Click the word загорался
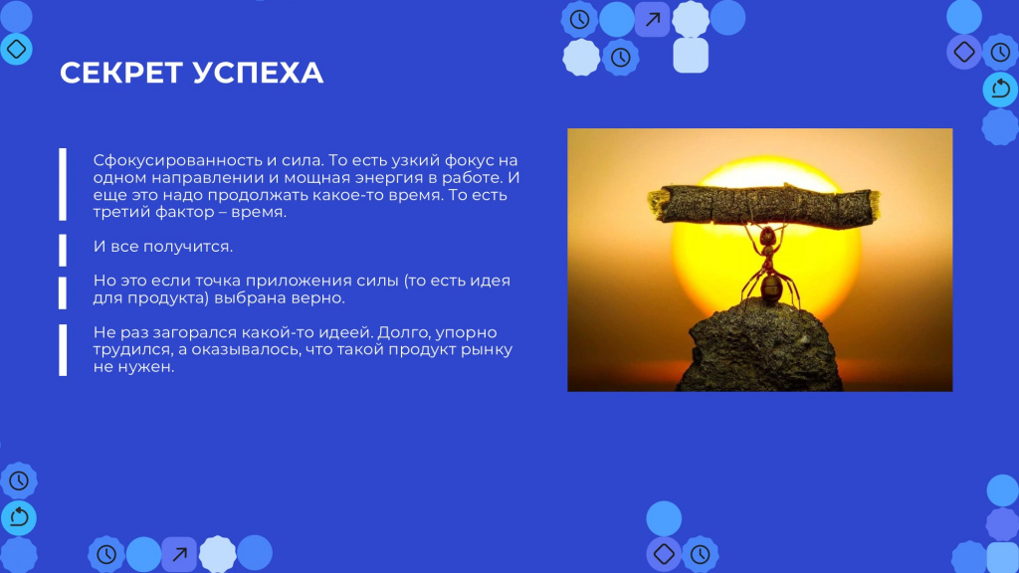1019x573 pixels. (x=194, y=332)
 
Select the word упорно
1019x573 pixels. (x=466, y=332)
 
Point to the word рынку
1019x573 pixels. (x=487, y=349)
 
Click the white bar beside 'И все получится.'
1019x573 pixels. (x=63, y=250)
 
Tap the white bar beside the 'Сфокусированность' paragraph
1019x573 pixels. (x=63, y=184)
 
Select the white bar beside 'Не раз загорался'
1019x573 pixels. (x=63, y=349)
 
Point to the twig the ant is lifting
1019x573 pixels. (x=764, y=205)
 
